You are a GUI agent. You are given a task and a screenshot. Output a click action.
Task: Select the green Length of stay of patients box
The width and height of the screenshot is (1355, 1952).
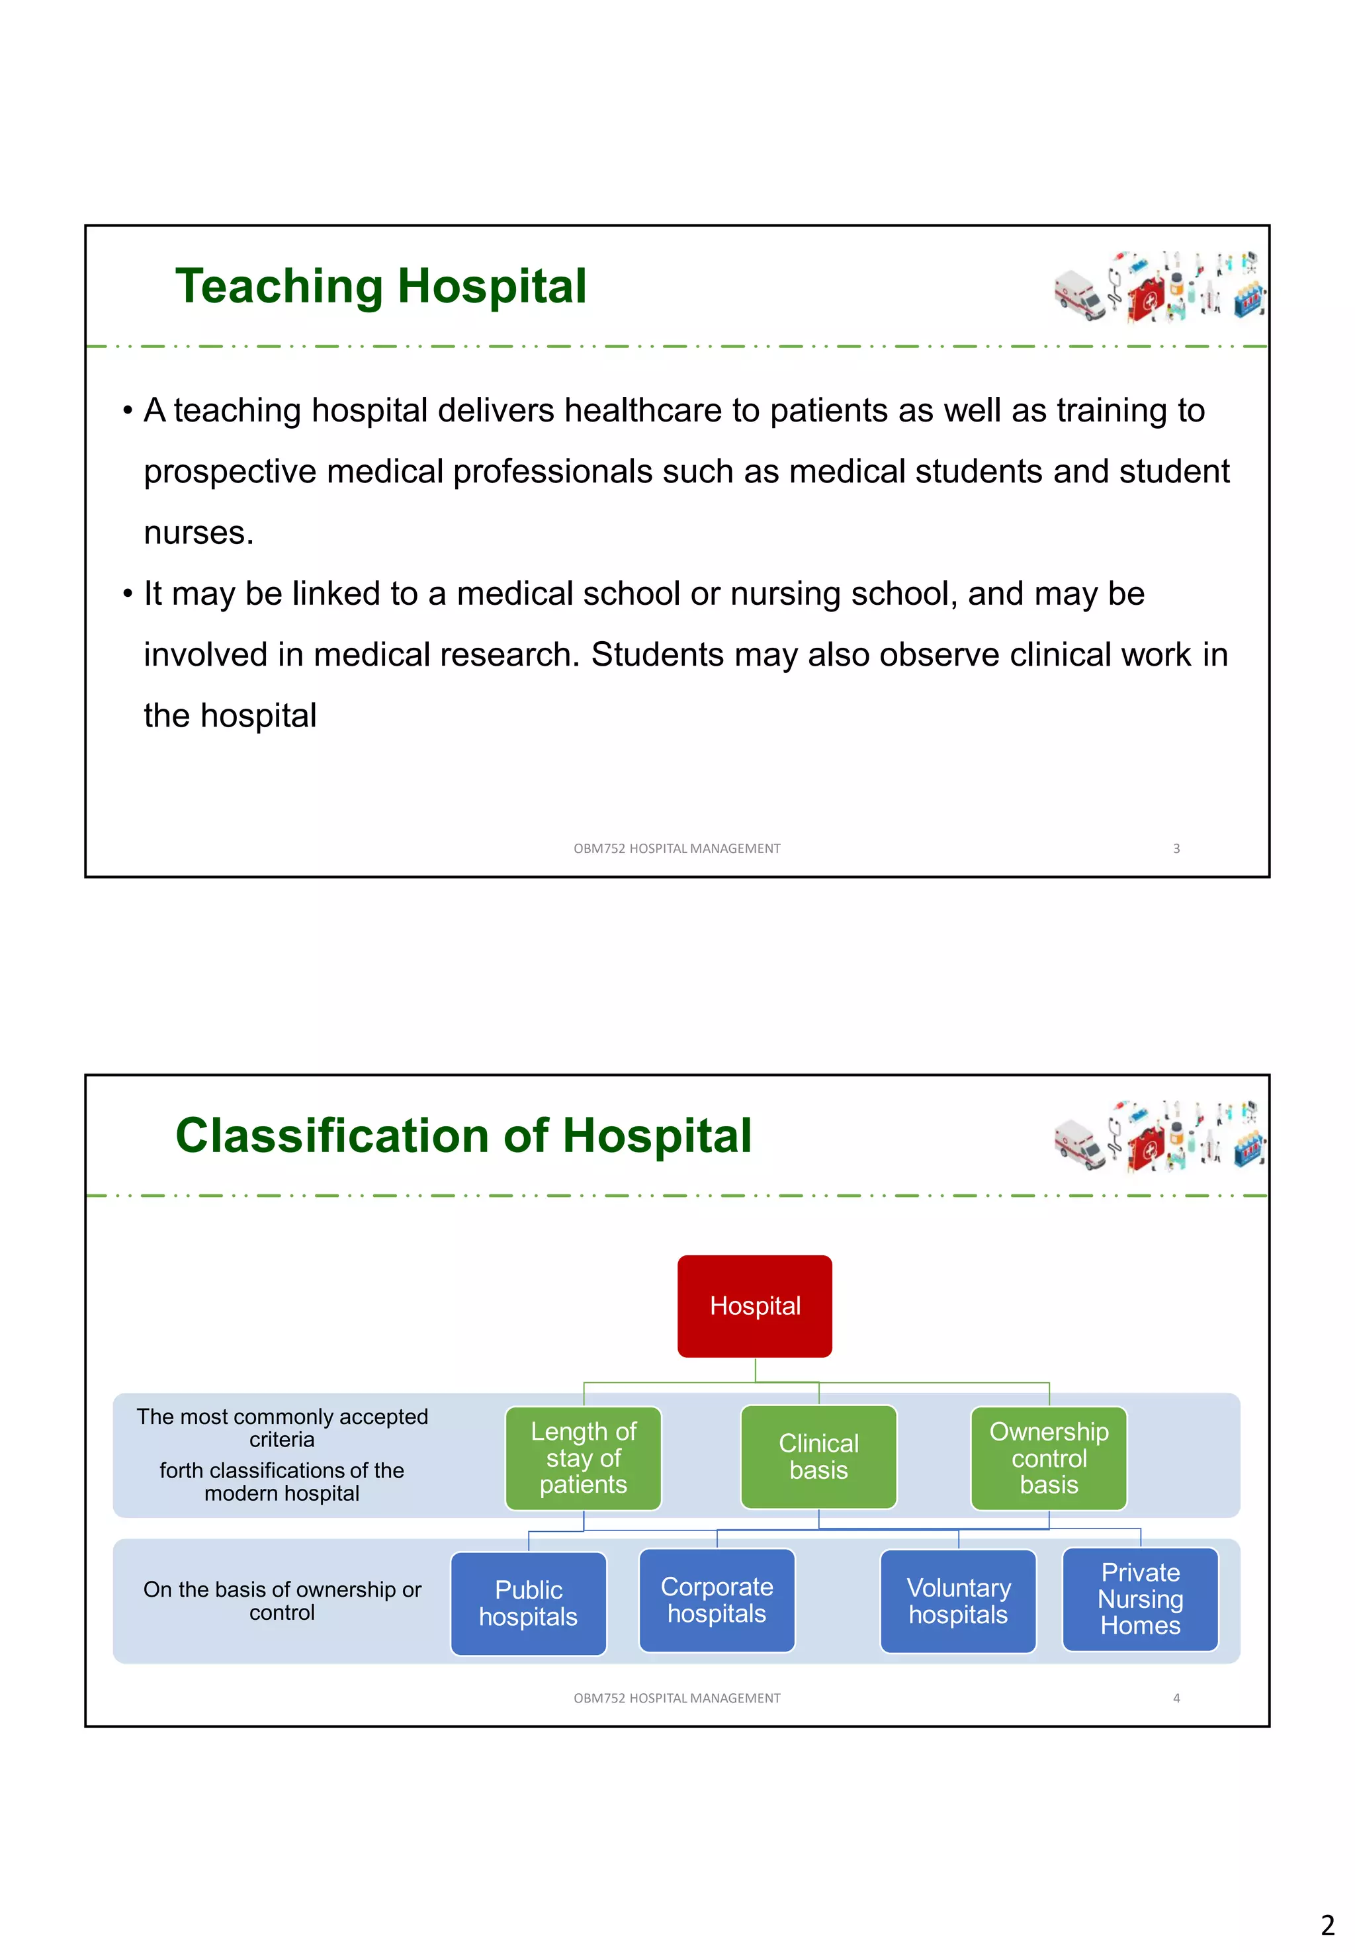[x=584, y=1457]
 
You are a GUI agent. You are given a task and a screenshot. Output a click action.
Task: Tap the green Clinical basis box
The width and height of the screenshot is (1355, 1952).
[x=818, y=1456]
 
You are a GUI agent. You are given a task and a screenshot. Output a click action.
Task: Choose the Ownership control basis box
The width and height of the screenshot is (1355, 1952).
[x=1049, y=1457]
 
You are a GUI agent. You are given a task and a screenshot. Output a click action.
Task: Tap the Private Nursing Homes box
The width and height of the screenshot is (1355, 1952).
[x=1139, y=1598]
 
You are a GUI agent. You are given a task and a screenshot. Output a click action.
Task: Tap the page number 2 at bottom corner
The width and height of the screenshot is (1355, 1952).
[x=1327, y=1924]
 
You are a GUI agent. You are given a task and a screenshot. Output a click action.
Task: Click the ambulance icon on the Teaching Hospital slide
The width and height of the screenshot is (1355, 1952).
[x=1079, y=294]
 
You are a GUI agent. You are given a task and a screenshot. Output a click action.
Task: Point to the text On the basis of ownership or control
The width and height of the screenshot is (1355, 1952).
[x=282, y=1601]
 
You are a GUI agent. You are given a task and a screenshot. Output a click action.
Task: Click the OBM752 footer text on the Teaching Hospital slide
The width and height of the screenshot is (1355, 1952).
[x=677, y=848]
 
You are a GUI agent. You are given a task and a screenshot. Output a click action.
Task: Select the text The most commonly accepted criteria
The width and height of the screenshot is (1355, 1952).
[x=282, y=1427]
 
